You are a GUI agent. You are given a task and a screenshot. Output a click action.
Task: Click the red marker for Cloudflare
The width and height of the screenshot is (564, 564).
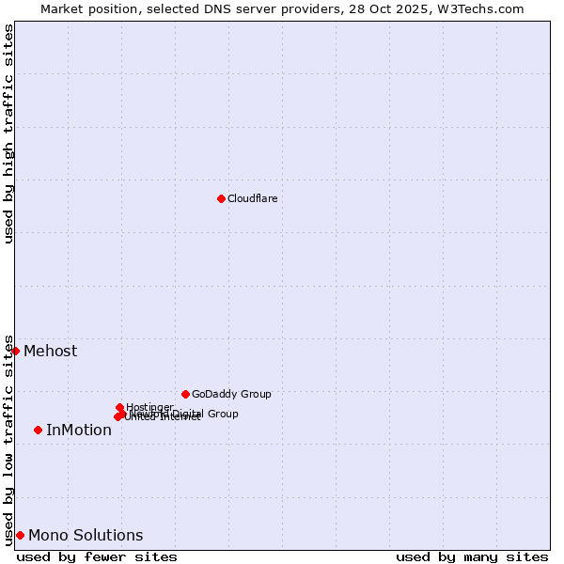(221, 198)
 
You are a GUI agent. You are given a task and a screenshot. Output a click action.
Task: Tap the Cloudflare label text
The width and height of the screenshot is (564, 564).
(252, 198)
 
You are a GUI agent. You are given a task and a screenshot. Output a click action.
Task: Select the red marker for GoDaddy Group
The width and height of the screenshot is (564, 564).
(185, 394)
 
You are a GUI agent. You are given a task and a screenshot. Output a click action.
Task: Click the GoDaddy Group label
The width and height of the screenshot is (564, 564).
(231, 394)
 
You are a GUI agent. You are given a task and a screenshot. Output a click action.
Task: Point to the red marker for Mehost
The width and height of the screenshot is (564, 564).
(15, 351)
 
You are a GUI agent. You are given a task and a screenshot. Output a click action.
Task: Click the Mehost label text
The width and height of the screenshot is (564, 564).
(50, 352)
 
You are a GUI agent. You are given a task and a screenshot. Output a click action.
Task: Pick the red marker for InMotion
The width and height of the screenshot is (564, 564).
(38, 430)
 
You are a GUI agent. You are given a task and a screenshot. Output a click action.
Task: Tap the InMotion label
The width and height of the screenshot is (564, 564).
(79, 431)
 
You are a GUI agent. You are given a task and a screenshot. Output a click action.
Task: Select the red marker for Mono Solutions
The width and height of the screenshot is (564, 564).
(20, 535)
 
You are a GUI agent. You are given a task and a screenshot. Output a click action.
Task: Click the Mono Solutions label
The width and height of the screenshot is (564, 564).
(86, 536)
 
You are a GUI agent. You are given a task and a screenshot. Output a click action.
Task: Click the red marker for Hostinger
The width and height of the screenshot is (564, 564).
(119, 407)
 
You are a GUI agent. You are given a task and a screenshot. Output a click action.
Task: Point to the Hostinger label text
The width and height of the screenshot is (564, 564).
(149, 407)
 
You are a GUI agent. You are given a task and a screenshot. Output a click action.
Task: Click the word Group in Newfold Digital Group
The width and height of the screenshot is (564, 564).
(223, 413)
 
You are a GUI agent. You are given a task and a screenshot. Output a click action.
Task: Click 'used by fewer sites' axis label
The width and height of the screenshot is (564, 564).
(97, 556)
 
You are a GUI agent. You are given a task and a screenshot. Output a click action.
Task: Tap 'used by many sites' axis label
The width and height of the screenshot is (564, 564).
(472, 556)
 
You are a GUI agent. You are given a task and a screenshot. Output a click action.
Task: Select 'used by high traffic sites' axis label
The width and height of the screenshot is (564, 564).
(8, 133)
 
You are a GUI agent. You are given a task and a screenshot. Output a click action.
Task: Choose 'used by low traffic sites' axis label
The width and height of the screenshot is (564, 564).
(8, 439)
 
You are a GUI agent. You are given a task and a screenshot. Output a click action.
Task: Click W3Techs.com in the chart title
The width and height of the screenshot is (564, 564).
(489, 8)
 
